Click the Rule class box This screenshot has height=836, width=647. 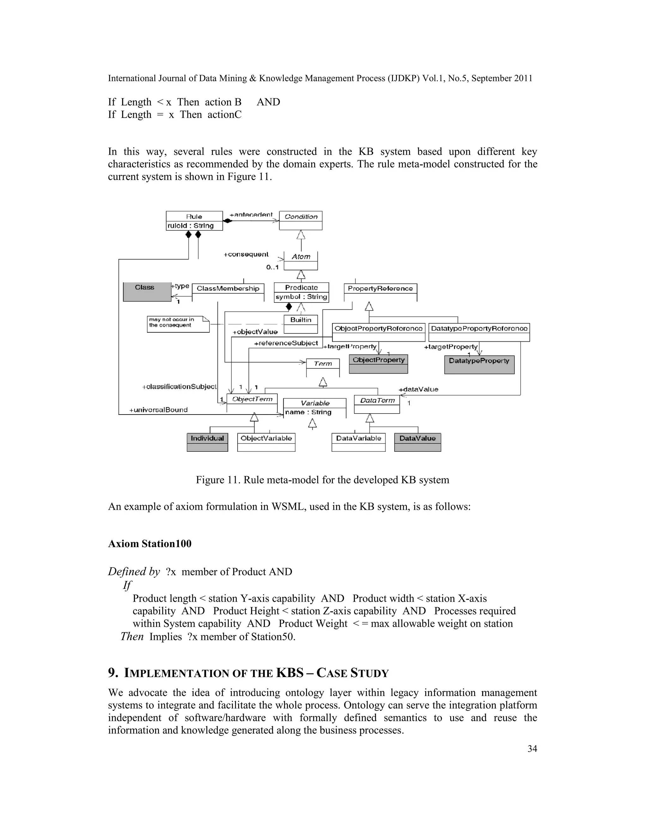194,221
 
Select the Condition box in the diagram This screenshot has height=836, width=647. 301,221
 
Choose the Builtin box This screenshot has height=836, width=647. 301,324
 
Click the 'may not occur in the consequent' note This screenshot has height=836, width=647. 178,324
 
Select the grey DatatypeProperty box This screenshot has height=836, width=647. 479,364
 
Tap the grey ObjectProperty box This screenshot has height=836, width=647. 378,364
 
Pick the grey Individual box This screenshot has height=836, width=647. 207,442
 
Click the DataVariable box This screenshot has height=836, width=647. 358,442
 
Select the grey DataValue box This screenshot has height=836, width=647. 417,442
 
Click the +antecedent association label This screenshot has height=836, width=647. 251,215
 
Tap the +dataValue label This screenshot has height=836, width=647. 419,389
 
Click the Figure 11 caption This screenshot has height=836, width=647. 322,480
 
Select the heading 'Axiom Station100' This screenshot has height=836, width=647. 150,544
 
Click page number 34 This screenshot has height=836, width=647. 532,757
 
